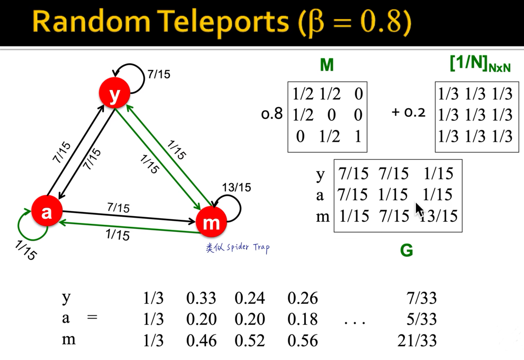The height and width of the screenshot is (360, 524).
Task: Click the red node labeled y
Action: tap(114, 93)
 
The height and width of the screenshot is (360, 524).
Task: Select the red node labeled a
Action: tap(46, 211)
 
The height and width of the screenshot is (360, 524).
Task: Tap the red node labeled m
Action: tap(211, 222)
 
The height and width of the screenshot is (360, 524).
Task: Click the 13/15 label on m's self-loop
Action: tap(237, 187)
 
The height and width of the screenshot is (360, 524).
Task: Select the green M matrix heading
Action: tap(327, 65)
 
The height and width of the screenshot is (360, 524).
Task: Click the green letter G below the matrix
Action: tap(406, 250)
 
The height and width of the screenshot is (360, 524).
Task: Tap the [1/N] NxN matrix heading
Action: tap(480, 64)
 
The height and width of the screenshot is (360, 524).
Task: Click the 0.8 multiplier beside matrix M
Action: tap(272, 114)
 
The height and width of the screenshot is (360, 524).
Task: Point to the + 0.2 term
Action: tap(408, 112)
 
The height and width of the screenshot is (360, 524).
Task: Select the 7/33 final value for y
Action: tap(422, 298)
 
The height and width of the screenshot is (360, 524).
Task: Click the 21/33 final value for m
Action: tap(417, 340)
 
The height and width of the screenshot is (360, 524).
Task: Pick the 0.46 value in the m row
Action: tap(201, 341)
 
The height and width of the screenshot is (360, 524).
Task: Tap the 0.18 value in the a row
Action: tap(302, 319)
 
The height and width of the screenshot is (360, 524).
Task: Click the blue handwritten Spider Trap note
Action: tap(238, 248)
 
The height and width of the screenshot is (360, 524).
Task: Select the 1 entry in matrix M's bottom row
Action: tap(358, 136)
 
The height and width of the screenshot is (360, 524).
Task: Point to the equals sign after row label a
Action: tap(92, 316)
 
